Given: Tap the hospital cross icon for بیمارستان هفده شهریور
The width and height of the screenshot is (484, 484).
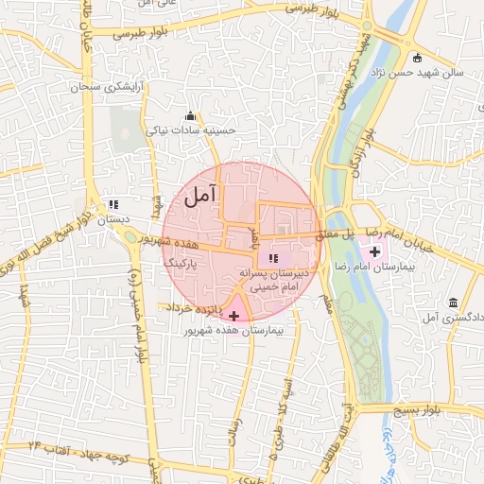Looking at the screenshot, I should click(x=234, y=314).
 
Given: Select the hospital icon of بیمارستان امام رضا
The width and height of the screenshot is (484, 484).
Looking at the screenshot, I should click(x=375, y=251).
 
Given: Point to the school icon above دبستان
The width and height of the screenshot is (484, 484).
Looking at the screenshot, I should click(x=114, y=203).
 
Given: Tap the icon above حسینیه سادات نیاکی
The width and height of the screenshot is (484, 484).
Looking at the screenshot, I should click(x=190, y=116).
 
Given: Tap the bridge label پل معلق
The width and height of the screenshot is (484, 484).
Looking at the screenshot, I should click(x=335, y=232).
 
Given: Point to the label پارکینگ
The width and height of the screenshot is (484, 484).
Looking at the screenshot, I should click(x=180, y=262).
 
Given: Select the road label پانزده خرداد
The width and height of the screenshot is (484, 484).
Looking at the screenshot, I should click(x=194, y=309).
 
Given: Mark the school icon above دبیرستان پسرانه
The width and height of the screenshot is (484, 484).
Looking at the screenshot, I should click(x=273, y=258).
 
